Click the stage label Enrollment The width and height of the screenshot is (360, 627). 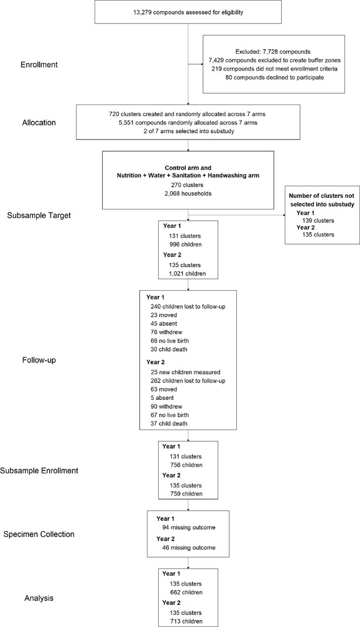coord(39,64)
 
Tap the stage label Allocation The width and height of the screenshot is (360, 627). coord(39,123)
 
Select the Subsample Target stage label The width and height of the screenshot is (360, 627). coord(39,215)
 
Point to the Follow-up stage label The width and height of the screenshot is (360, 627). coord(39,360)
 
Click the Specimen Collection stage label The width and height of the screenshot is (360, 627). coord(39,534)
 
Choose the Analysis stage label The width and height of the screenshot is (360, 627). coord(39,598)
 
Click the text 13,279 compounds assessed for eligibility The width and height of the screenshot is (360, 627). coord(188,12)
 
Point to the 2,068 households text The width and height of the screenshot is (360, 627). coord(188,194)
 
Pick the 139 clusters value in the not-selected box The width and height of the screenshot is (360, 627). coord(319,220)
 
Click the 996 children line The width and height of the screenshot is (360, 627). coord(186,245)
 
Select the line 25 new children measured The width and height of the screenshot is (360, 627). coord(186,372)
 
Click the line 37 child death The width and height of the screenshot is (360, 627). coord(169,423)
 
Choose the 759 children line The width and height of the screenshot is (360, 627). coord(186,493)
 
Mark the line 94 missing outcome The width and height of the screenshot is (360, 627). coord(188,527)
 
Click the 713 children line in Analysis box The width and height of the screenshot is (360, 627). coord(186,621)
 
